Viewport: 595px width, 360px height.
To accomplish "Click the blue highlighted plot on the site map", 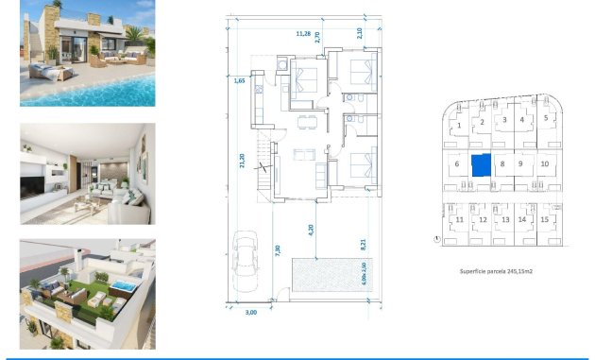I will [x=482, y=164].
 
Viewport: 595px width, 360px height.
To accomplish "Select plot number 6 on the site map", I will [x=456, y=164].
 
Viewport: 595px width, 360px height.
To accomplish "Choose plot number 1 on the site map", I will [x=459, y=125].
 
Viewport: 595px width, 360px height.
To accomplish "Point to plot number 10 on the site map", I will [x=545, y=163].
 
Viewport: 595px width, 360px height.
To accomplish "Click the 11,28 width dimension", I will [x=303, y=34].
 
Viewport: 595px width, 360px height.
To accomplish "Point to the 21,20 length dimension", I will [x=243, y=163].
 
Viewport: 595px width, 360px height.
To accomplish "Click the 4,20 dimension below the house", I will [x=310, y=228].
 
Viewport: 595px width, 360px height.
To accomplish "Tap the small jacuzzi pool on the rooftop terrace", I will [x=122, y=284].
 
